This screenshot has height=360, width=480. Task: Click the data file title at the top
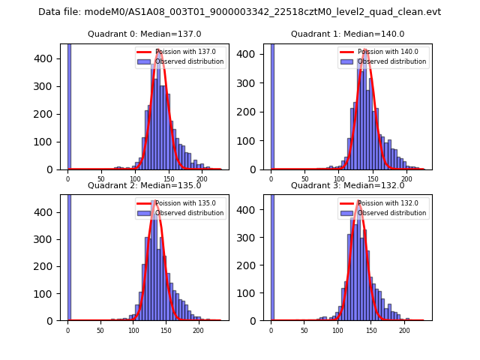239,12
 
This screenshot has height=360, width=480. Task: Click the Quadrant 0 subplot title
144,34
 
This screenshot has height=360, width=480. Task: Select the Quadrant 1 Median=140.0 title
347,34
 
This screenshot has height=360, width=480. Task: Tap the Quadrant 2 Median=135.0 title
144,185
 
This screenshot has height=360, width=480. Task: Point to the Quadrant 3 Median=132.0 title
347,185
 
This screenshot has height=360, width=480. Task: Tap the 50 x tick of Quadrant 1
305,180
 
